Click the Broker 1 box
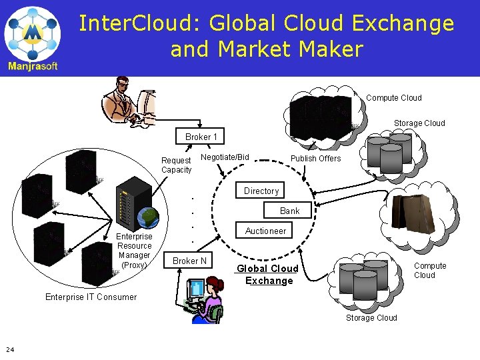pos(201,137)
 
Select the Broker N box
pos(189,261)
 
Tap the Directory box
pos(261,191)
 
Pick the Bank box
pos(289,211)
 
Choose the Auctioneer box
pos(265,231)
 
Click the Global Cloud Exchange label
pos(268,275)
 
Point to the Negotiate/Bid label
pos(225,157)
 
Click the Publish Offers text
pos(315,159)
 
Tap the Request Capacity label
pos(176,165)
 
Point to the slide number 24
pos(9,349)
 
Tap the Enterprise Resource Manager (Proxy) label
pos(134,251)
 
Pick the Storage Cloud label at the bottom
pos(371,318)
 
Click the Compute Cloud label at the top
pos(393,98)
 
